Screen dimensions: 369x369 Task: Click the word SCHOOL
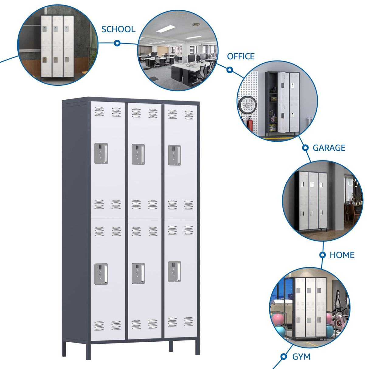click(x=118, y=29)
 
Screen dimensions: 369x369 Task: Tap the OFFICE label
click(x=241, y=57)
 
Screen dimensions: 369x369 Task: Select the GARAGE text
click(x=329, y=148)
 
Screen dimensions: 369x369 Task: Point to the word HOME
click(x=342, y=255)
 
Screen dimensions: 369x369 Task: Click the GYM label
click(x=301, y=357)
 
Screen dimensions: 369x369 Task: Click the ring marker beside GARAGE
click(x=305, y=148)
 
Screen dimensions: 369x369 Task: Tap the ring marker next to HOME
click(x=322, y=255)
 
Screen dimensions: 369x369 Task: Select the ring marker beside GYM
click(x=284, y=356)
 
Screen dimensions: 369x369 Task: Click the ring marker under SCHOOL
click(x=117, y=43)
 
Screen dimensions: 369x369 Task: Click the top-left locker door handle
click(x=101, y=153)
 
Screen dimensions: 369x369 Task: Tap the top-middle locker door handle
click(x=138, y=154)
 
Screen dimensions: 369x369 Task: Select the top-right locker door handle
click(x=174, y=155)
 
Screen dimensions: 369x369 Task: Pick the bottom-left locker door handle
click(x=101, y=274)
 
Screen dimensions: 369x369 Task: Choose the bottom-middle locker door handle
click(x=138, y=274)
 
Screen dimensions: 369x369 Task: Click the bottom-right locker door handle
click(x=174, y=271)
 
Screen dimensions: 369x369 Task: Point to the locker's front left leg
click(x=88, y=351)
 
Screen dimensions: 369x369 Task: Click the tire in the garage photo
click(x=247, y=105)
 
